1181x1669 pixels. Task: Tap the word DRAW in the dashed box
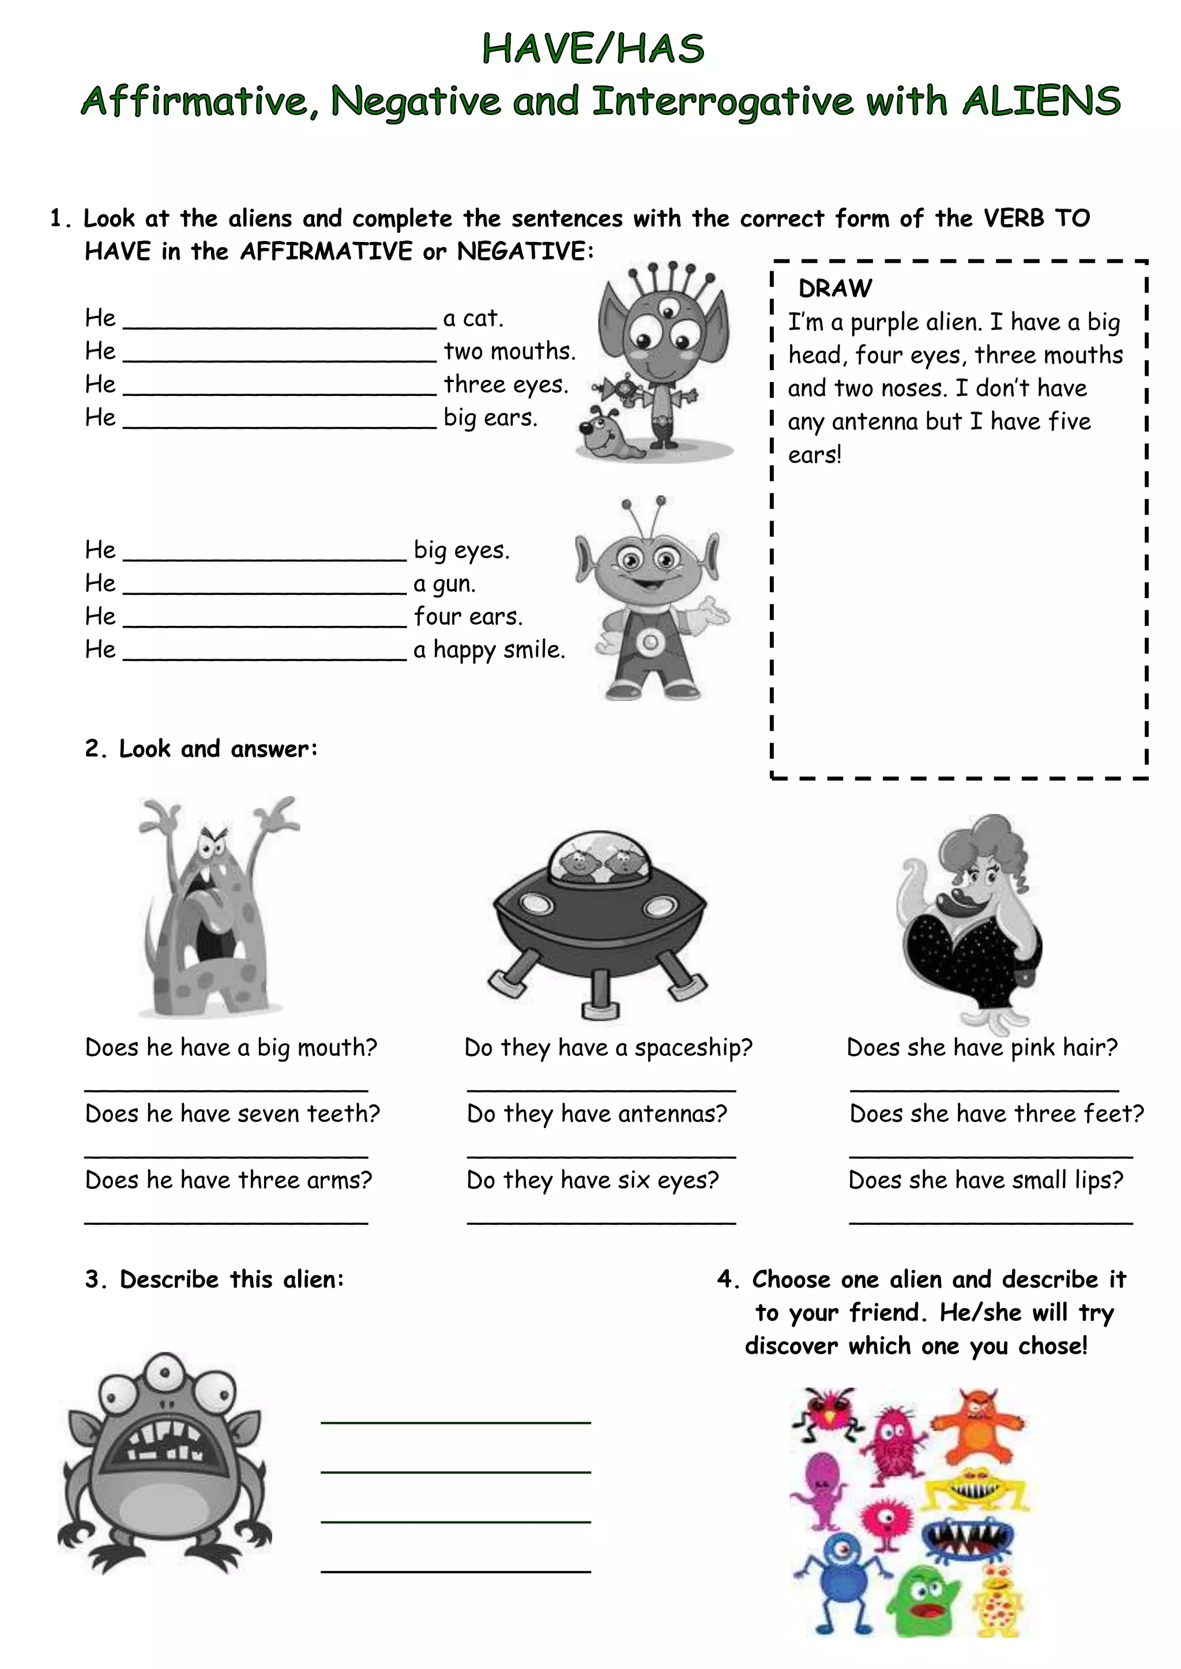tap(835, 289)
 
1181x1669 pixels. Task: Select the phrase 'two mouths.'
tap(510, 352)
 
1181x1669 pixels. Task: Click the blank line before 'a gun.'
tap(265, 590)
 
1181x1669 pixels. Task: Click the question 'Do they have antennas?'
tap(597, 1113)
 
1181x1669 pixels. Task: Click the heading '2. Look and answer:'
tap(201, 749)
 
